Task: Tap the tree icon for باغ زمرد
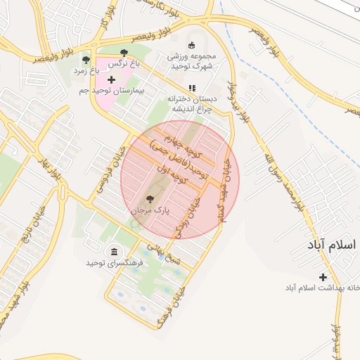click(x=86, y=60)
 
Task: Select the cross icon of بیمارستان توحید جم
click(x=110, y=80)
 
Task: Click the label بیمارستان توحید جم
click(x=129, y=91)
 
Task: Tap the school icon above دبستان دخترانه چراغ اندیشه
click(x=191, y=88)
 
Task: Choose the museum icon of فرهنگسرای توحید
click(x=114, y=251)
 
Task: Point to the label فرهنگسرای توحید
click(x=114, y=262)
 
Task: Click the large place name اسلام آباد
click(x=331, y=245)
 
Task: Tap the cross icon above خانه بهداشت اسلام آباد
click(x=323, y=277)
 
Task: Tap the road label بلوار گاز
click(x=103, y=21)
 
